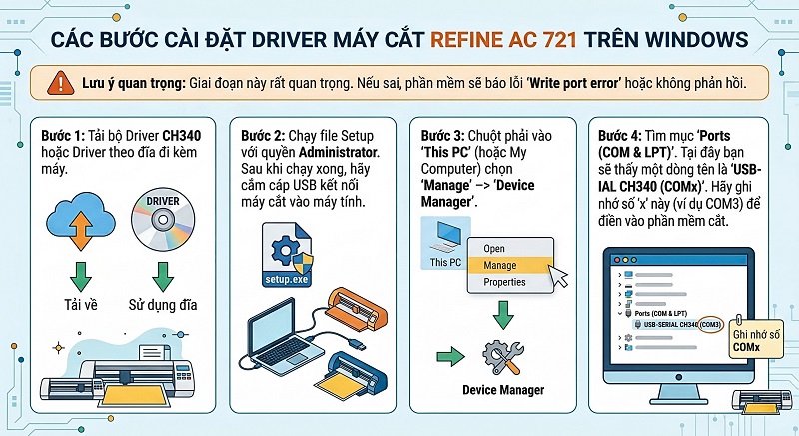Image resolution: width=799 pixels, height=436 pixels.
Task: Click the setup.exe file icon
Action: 286,253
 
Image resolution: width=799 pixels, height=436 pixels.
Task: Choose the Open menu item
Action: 495,248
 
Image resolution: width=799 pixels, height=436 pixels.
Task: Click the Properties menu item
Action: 504,282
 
